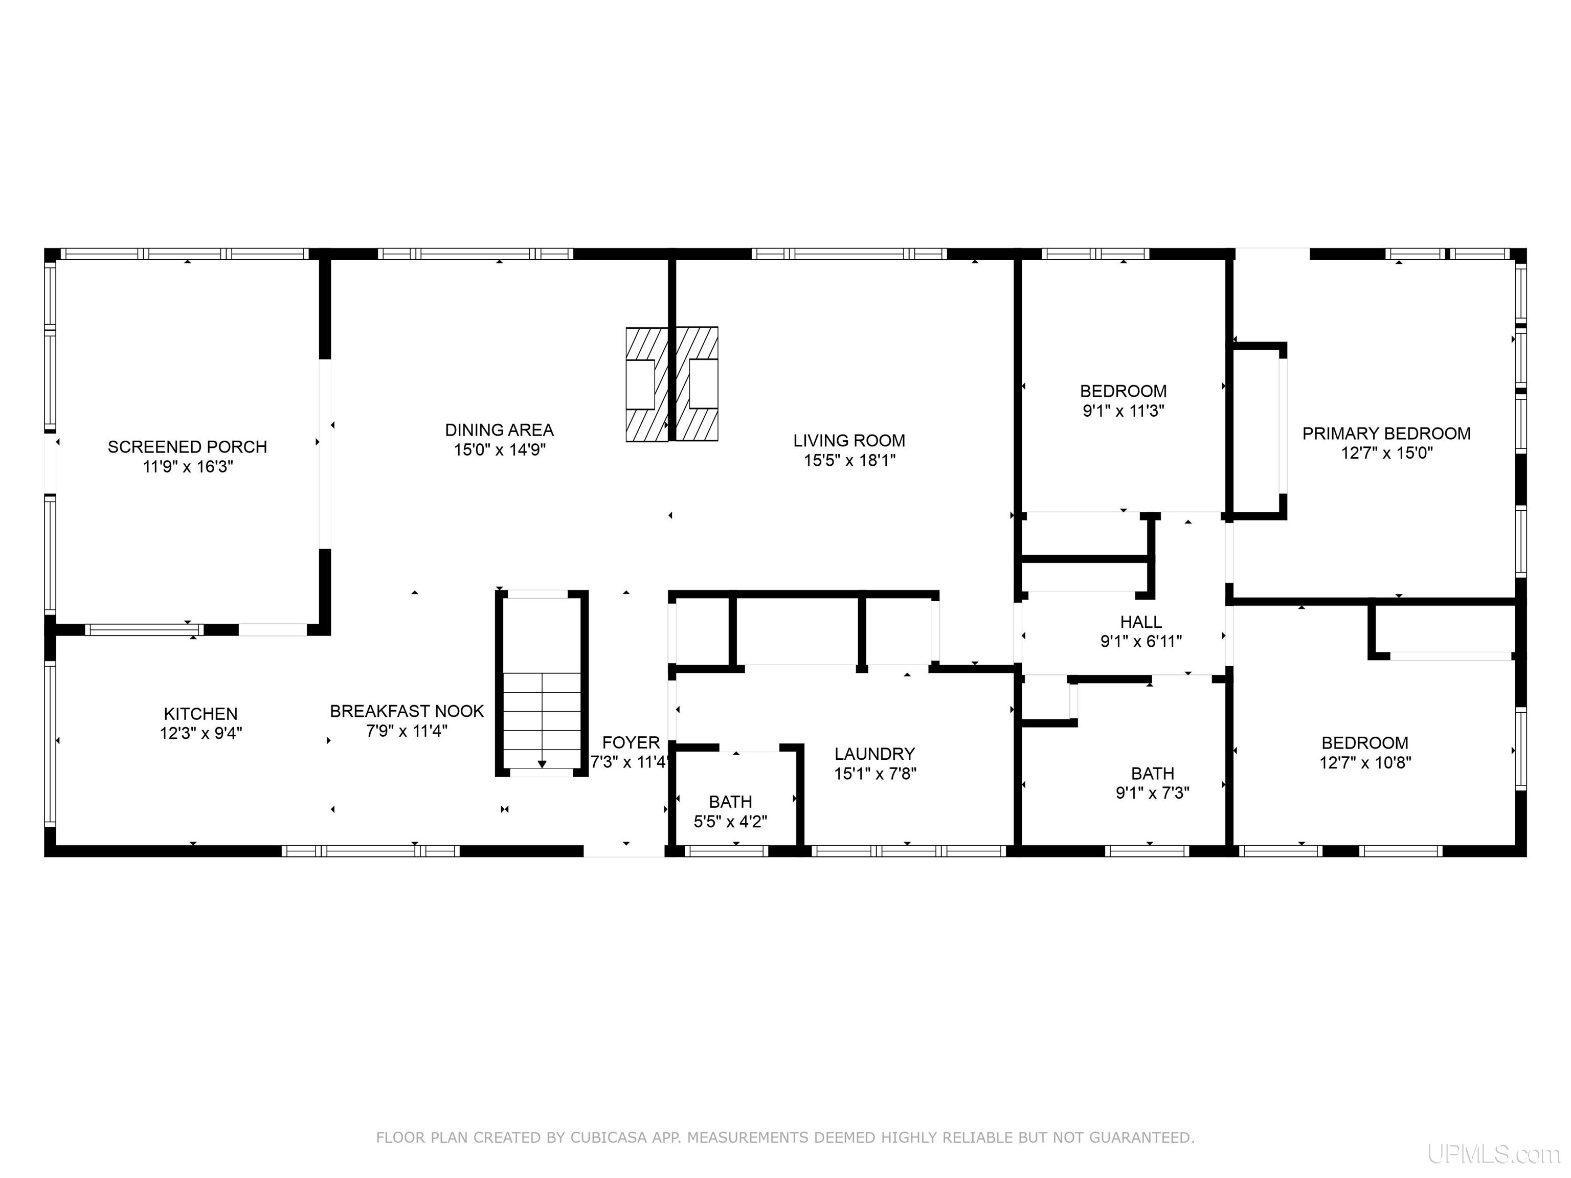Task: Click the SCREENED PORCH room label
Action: [x=188, y=447]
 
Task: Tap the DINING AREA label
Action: [x=499, y=429]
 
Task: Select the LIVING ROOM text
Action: [x=849, y=440]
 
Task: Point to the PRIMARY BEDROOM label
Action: [x=1386, y=433]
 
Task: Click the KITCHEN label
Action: [x=201, y=714]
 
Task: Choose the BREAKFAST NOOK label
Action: [x=407, y=711]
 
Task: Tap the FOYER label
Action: [x=632, y=743]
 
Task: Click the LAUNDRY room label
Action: [x=875, y=754]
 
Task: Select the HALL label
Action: [x=1141, y=622]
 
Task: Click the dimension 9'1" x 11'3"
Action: [x=1124, y=411]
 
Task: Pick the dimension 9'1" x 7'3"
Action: [x=1153, y=792]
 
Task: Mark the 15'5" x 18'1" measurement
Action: [x=849, y=460]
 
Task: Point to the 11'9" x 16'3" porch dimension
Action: [x=188, y=466]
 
